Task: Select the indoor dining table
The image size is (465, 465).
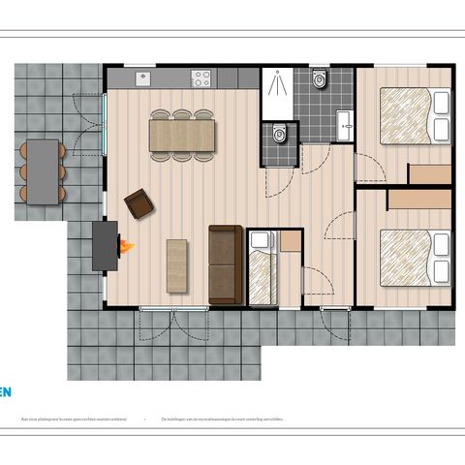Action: [x=181, y=135]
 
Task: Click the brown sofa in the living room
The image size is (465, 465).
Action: [x=225, y=263]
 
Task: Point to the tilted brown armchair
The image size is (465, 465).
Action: [x=139, y=203]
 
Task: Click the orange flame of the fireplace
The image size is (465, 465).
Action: [x=126, y=247]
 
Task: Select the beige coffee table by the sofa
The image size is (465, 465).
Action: [x=177, y=264]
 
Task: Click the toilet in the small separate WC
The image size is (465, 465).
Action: [x=279, y=135]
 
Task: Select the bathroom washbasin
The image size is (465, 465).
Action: [x=344, y=121]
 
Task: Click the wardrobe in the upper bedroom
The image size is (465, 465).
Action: [x=429, y=173]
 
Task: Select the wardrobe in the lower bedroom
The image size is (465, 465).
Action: [x=419, y=199]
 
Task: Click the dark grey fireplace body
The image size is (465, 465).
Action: [x=104, y=245]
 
